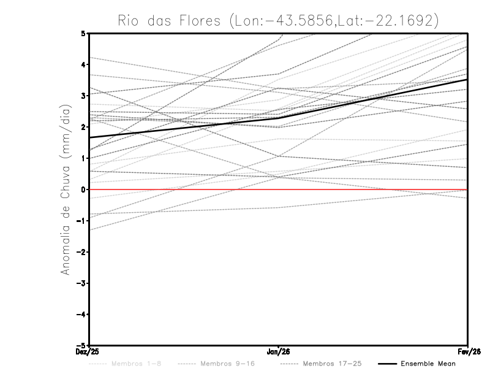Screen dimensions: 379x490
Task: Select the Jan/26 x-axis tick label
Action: [279, 351]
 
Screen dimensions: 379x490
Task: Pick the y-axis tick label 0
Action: [83, 189]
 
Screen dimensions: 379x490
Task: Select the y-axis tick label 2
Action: [83, 127]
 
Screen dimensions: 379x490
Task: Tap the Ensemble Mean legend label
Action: [428, 364]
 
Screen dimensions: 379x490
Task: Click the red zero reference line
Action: [367, 189]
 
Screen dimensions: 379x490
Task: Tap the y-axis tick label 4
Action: [83, 64]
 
